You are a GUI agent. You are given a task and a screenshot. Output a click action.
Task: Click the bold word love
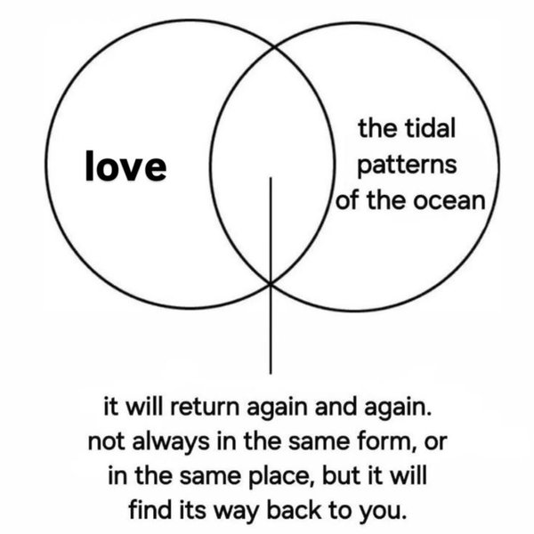pos(125,166)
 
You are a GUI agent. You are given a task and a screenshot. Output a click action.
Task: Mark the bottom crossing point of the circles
pos(270,283)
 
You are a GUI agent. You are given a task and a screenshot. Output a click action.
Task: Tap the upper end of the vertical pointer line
pos(270,178)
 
